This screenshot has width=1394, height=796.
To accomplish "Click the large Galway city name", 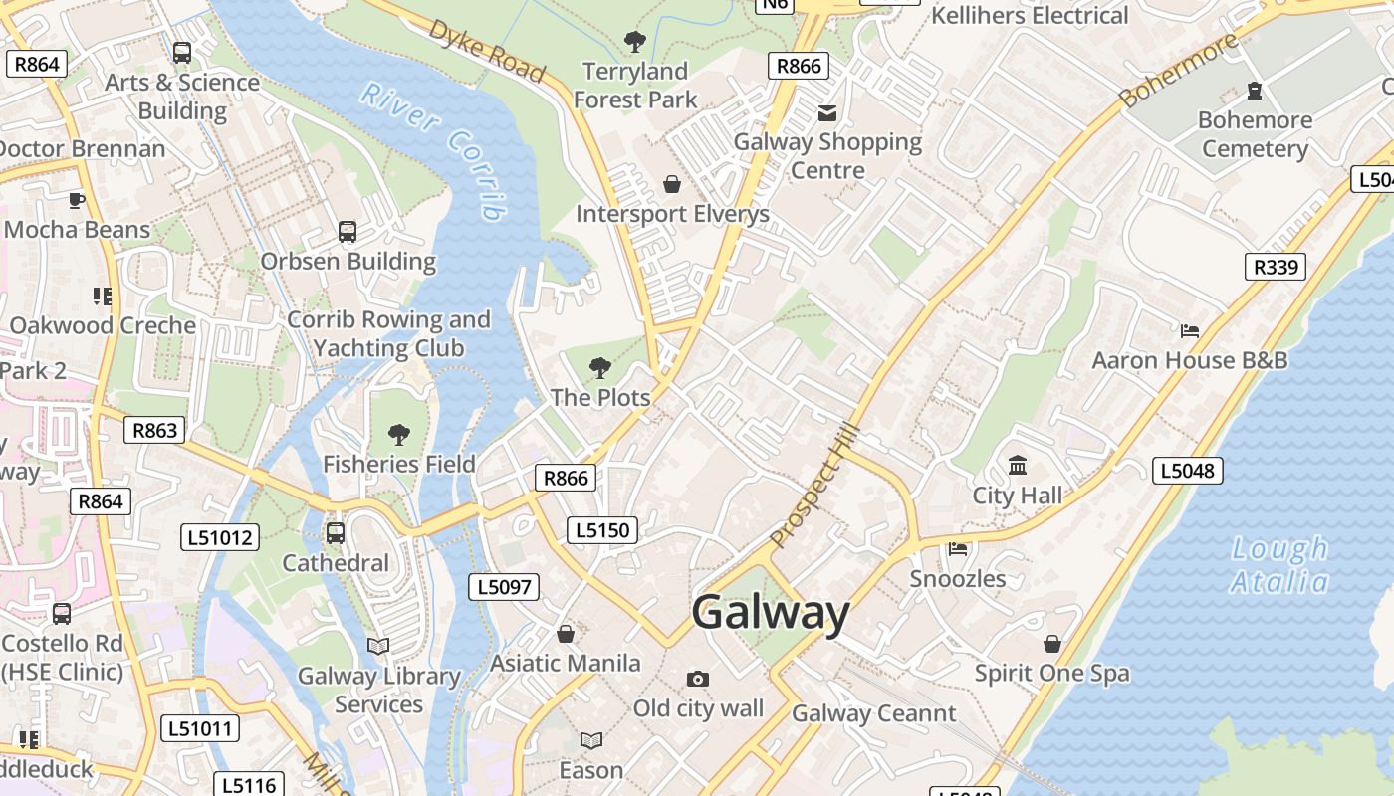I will [x=771, y=612].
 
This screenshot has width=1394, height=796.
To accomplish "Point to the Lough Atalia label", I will [x=1279, y=565].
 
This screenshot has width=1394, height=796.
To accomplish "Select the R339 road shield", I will [x=1275, y=267].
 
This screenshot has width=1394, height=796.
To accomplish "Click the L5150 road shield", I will [x=602, y=530].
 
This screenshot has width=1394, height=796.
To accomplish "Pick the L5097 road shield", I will [x=504, y=587].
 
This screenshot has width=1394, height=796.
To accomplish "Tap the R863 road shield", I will [x=154, y=430].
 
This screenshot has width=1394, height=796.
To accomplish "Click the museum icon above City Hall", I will [x=1018, y=466].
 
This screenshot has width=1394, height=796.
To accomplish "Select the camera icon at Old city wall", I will [x=698, y=679].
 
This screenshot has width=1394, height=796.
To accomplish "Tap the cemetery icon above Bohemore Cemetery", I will [x=1255, y=91].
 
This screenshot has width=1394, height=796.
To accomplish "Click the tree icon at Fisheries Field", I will [x=398, y=434].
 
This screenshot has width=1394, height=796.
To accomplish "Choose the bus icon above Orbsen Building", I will [x=348, y=232].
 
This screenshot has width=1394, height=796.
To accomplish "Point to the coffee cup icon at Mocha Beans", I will [x=76, y=200].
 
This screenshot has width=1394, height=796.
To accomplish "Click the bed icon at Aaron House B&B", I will [x=1189, y=330].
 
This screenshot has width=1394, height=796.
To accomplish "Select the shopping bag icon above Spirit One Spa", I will [x=1052, y=644].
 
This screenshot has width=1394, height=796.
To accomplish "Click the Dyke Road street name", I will [x=487, y=50].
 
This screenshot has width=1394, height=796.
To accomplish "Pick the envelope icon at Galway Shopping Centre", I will [x=827, y=112].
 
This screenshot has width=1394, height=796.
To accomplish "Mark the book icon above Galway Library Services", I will [x=378, y=646].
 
